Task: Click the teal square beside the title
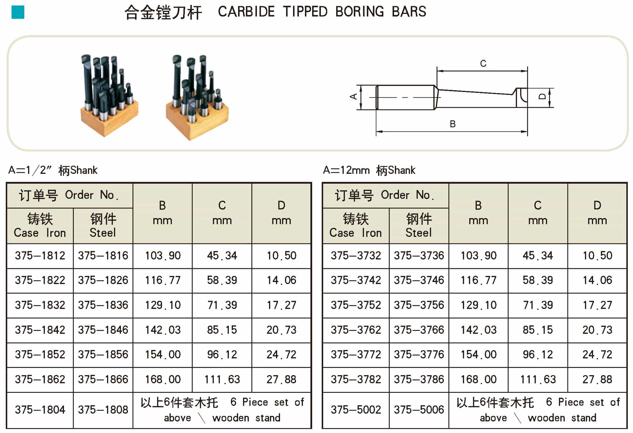click(18, 12)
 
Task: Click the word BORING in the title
click(360, 12)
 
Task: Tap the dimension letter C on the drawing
click(483, 64)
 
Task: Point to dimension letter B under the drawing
click(452, 124)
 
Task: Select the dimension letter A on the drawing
click(354, 97)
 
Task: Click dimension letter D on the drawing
click(542, 97)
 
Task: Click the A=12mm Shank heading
click(369, 170)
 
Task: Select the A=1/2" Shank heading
click(53, 170)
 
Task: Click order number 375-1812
click(40, 256)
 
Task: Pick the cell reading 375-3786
click(419, 379)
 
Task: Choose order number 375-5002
click(356, 410)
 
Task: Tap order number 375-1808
click(103, 410)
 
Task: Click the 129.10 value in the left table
click(163, 305)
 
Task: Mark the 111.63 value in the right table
click(538, 379)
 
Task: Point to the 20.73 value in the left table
click(281, 330)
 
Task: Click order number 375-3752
click(356, 305)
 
